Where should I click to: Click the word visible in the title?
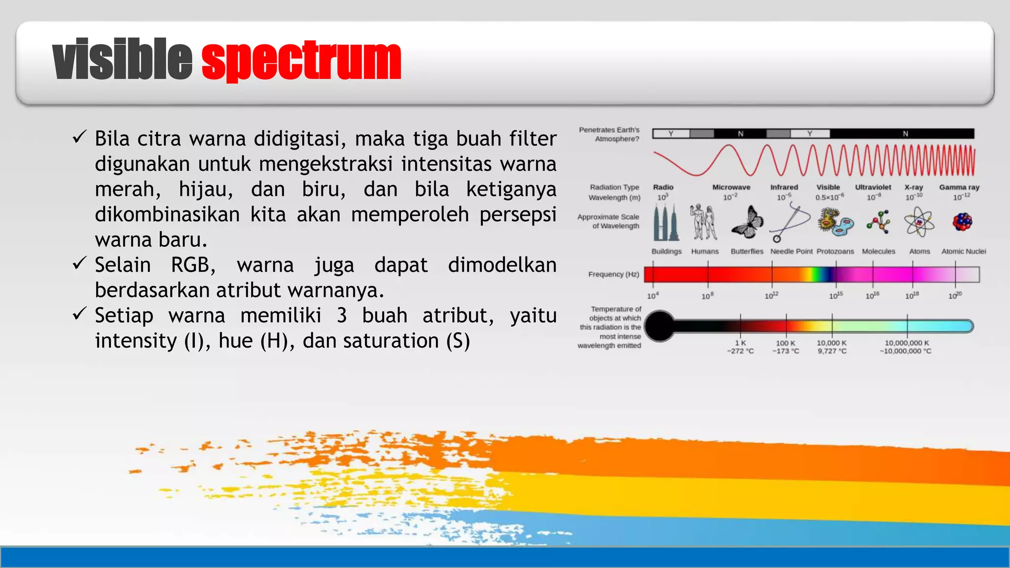tap(122, 60)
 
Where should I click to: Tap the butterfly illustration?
tap(748, 222)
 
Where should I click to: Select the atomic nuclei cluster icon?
tap(962, 222)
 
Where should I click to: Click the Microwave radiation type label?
tap(731, 187)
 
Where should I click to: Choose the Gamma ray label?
tap(959, 187)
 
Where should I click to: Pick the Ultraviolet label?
tap(873, 187)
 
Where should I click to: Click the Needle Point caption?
tap(791, 251)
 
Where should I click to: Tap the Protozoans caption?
tap(835, 251)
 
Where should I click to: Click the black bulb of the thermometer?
tap(659, 326)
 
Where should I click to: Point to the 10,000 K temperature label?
tap(831, 343)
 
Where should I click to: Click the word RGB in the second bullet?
tap(193, 265)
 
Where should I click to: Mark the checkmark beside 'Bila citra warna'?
tap(79, 137)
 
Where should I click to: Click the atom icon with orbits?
tap(919, 222)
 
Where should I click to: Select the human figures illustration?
tap(703, 222)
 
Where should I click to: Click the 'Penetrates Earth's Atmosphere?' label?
tap(610, 134)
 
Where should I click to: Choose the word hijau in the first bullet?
tap(206, 190)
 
